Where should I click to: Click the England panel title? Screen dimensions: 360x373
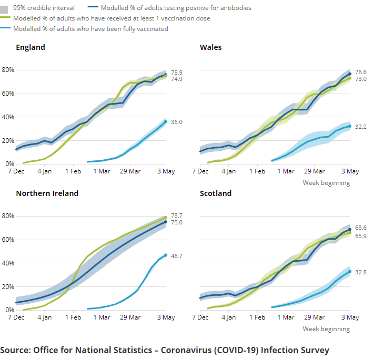(31, 47)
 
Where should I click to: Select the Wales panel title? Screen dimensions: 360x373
(210, 47)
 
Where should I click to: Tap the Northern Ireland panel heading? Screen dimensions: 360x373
(47, 193)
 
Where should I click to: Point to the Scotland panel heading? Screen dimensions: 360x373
(216, 193)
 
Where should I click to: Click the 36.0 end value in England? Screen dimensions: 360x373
(176, 122)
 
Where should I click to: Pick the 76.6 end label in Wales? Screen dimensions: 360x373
(360, 72)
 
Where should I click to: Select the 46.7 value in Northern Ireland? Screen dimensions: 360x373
(176, 255)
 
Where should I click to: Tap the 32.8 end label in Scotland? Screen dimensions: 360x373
(360, 272)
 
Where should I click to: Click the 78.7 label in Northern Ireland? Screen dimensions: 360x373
(176, 215)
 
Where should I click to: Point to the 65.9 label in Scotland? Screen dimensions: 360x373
(360, 236)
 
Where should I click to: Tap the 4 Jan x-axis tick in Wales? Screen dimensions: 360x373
(228, 171)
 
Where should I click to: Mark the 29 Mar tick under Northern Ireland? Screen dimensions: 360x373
(130, 317)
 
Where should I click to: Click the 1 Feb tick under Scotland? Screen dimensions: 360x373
(257, 317)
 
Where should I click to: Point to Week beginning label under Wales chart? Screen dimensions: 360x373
(326, 183)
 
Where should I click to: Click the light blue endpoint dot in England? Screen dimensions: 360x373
(166, 122)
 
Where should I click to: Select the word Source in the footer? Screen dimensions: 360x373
(15, 350)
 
